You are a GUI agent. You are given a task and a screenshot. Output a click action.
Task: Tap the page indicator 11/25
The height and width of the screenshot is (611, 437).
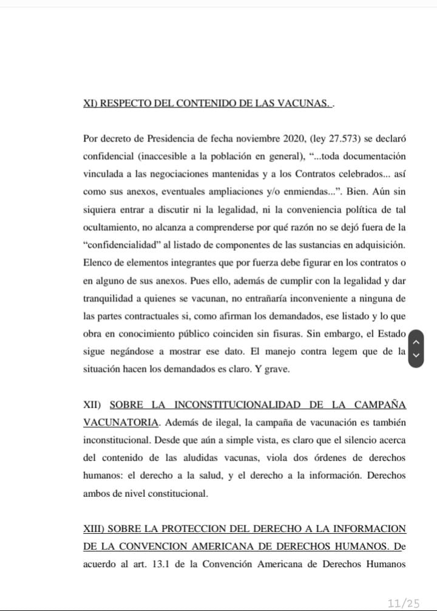pyautogui.click(x=404, y=602)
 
